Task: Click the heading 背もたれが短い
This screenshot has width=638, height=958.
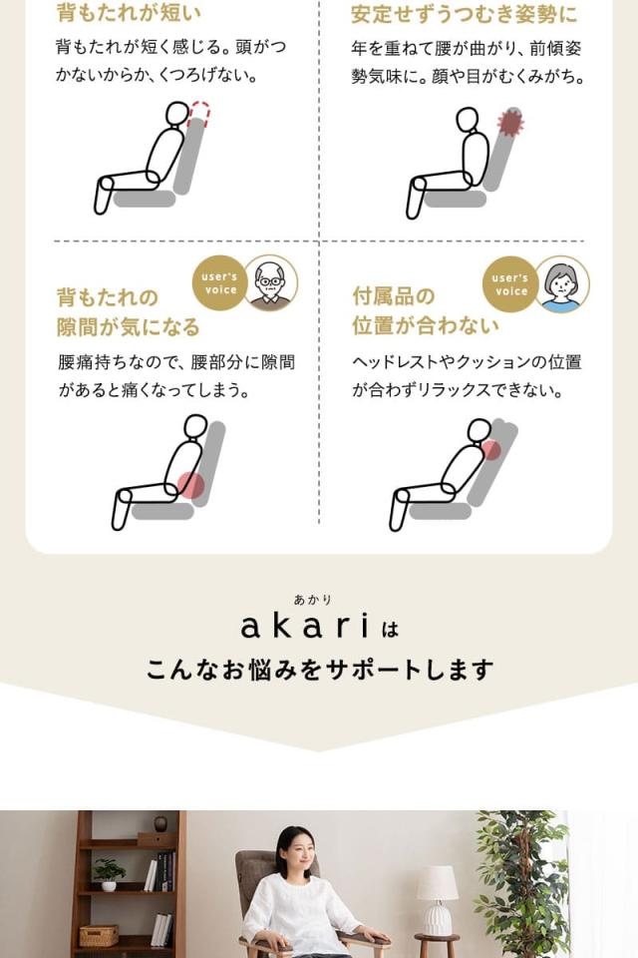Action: click(x=129, y=13)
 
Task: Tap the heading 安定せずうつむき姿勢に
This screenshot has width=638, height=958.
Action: click(x=464, y=14)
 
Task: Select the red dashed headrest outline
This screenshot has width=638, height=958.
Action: click(x=199, y=112)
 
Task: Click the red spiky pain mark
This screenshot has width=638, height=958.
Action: click(x=510, y=123)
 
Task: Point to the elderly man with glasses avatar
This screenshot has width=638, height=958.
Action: click(x=269, y=283)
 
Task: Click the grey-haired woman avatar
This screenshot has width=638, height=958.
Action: click(x=562, y=284)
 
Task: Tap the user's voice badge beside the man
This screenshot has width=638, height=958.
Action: click(x=219, y=283)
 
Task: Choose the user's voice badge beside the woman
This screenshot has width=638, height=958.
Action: click(x=510, y=284)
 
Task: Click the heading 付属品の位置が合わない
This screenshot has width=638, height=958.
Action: click(x=425, y=311)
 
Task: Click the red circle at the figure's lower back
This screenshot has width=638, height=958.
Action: click(x=190, y=485)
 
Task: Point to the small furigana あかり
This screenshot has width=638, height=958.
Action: click(x=312, y=600)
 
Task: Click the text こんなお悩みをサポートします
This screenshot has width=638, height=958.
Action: click(x=319, y=669)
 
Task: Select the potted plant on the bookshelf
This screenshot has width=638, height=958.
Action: click(x=109, y=873)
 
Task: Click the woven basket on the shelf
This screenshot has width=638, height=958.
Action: click(x=99, y=935)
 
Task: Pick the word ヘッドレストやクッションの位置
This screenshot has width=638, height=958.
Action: click(x=467, y=361)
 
